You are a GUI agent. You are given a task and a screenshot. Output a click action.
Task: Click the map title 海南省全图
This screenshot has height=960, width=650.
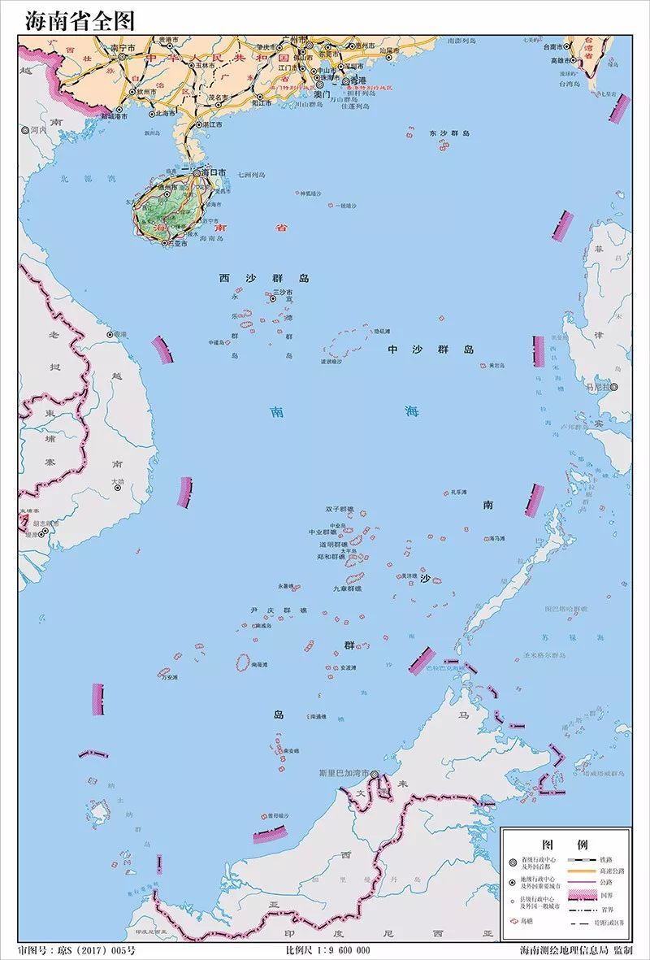80,20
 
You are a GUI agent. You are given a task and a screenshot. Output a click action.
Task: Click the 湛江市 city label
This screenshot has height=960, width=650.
213,124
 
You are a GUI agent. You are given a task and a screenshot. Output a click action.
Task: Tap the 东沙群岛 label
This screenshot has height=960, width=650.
450,133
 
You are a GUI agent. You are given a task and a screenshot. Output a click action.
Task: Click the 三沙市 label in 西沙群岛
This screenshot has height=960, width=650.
282,291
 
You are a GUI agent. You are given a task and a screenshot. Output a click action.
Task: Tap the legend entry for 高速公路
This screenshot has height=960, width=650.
613,871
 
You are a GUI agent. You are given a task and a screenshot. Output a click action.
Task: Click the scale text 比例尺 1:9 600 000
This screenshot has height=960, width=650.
328,950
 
